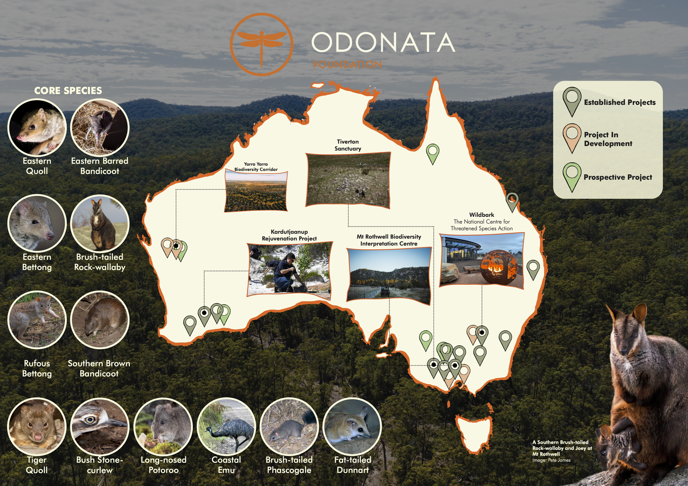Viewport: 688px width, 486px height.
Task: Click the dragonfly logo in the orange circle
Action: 261,44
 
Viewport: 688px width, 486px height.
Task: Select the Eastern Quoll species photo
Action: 37,128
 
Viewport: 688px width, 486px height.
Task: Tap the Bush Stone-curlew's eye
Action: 90,420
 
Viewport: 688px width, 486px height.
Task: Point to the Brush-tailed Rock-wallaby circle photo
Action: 100,223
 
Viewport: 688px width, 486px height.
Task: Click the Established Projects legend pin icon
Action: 572,101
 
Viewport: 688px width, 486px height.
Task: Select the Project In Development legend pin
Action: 572,138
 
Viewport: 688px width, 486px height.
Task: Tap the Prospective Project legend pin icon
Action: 572,176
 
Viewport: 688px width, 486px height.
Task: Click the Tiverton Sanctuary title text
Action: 348,145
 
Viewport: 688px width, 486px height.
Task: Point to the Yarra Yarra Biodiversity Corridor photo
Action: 256,192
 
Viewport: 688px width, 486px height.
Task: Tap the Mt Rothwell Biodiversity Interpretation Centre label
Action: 389,240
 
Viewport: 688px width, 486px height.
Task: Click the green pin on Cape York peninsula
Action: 432,153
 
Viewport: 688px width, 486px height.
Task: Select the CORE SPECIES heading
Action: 68,91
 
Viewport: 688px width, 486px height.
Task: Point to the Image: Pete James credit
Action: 551,460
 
